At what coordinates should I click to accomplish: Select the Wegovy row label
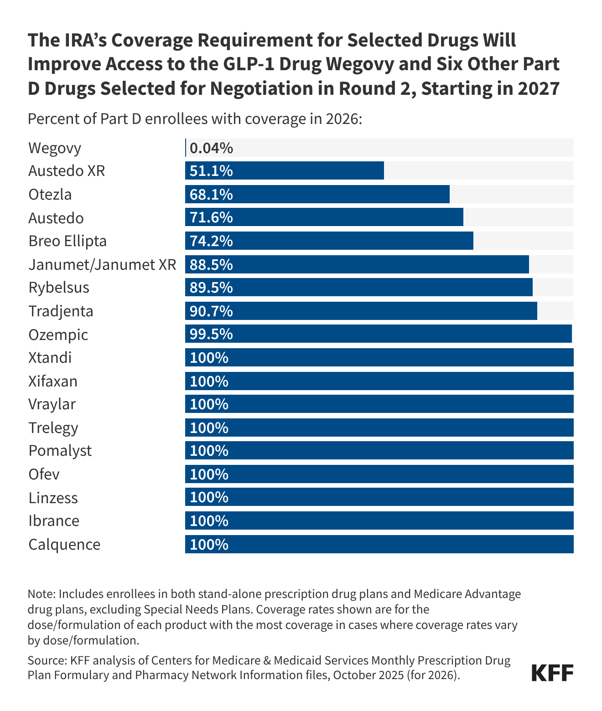tap(55, 148)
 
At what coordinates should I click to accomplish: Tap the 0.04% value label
tap(211, 148)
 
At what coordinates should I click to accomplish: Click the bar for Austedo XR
tap(285, 171)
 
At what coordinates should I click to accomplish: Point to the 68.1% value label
tap(211, 195)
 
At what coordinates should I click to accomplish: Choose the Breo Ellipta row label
tap(67, 241)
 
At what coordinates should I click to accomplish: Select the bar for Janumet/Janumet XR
tap(357, 264)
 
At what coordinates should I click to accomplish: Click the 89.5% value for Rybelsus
tap(211, 288)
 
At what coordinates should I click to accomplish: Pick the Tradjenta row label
tap(61, 311)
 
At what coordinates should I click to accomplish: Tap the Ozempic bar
tap(379, 334)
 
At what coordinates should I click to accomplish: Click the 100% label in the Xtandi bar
tap(209, 357)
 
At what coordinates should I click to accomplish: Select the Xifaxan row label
tap(53, 381)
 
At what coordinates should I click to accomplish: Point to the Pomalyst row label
tap(60, 451)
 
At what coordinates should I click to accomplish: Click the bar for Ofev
tap(379, 474)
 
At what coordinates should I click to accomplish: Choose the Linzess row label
tap(53, 498)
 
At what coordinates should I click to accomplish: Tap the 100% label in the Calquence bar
tap(209, 544)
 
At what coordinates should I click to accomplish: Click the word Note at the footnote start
tap(41, 594)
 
